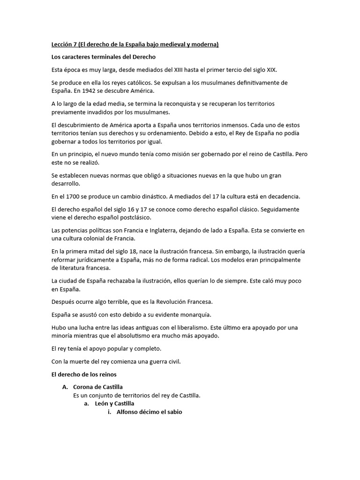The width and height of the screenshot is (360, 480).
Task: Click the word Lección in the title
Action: point(62,45)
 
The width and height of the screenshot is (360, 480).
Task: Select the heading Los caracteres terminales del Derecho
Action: point(103,57)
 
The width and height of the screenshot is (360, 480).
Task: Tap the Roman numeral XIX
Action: point(271,70)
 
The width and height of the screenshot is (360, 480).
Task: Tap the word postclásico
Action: point(140,217)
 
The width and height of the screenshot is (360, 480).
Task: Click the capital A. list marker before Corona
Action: point(65,387)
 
